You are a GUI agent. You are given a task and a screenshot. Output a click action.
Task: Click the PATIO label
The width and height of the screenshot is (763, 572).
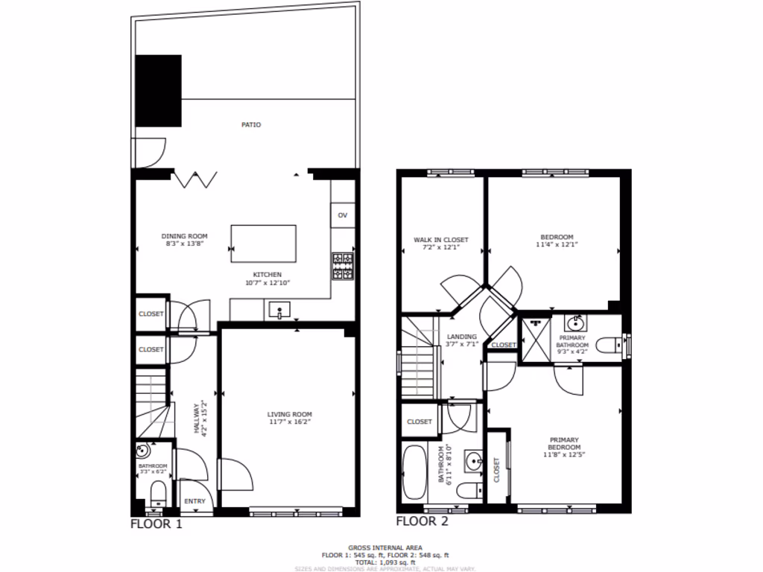pos(251,125)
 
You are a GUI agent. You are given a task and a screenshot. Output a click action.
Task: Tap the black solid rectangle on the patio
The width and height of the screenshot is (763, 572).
pos(158,90)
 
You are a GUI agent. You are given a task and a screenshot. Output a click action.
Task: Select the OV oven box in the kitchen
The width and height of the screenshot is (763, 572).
pos(343,215)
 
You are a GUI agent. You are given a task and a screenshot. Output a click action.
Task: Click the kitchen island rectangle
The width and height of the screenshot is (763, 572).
pos(263,244)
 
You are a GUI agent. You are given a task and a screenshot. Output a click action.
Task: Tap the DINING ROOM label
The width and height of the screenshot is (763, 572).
pos(185,236)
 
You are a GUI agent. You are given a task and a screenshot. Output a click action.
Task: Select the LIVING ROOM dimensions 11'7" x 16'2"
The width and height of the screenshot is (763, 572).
pos(290,422)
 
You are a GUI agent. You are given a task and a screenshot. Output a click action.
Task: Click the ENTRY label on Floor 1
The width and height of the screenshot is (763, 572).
pos(194,501)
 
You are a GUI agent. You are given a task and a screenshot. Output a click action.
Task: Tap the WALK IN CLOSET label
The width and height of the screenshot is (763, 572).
pos(441,240)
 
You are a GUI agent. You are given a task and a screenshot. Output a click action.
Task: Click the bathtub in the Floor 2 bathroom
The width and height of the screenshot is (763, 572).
pos(414,472)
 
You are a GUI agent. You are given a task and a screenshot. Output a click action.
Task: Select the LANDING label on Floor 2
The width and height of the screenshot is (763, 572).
pos(462,337)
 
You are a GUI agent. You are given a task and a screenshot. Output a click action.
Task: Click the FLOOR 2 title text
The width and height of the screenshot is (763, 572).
pos(422,521)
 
